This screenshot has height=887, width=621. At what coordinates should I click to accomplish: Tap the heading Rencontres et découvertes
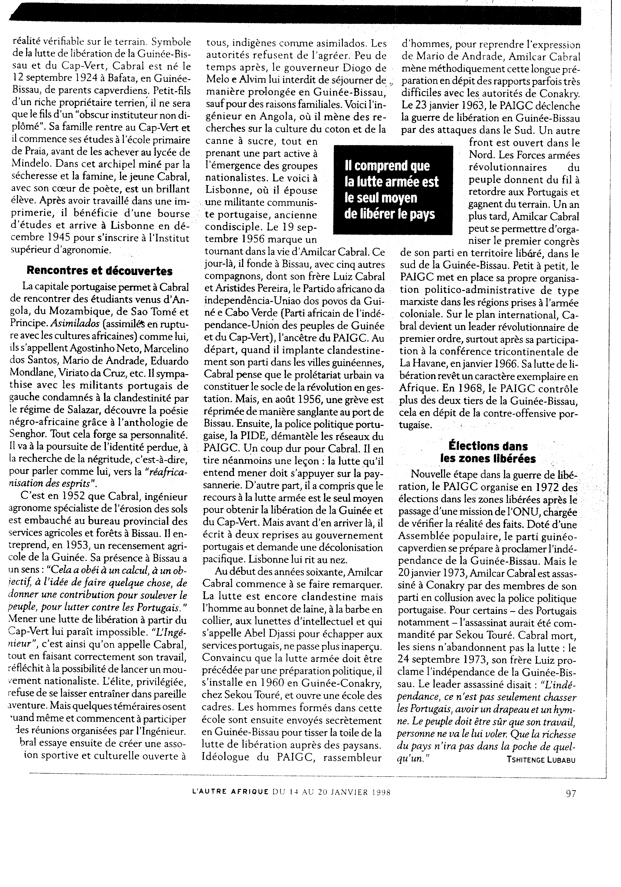click(100, 271)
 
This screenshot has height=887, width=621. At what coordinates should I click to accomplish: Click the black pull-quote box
click(392, 190)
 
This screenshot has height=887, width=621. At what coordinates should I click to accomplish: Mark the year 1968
click(467, 389)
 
